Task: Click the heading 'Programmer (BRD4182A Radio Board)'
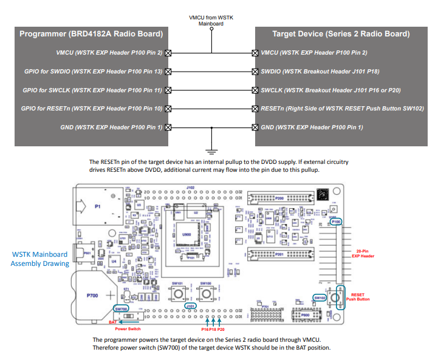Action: pyautogui.click(x=91, y=34)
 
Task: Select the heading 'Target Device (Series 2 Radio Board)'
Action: pyautogui.click(x=341, y=34)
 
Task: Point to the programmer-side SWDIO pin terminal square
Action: pyautogui.click(x=168, y=72)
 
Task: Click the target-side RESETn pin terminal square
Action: pyautogui.click(x=255, y=109)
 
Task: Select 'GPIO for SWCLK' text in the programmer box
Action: pyautogui.click(x=46, y=90)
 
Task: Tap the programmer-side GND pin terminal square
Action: pyautogui.click(x=168, y=127)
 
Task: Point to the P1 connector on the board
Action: pyautogui.click(x=97, y=206)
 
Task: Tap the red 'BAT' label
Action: pyautogui.click(x=112, y=322)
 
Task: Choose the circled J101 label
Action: pyautogui.click(x=190, y=306)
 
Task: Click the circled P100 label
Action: pyautogui.click(x=337, y=222)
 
